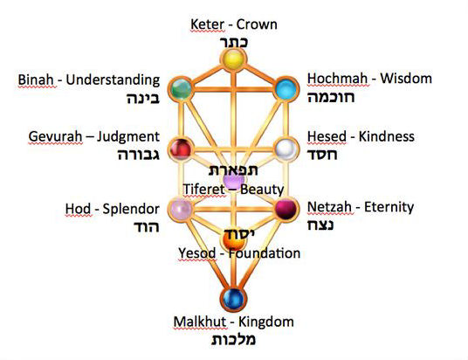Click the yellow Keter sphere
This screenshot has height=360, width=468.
[x=233, y=59]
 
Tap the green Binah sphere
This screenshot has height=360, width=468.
[x=181, y=89]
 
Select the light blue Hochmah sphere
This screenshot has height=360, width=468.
[x=286, y=89]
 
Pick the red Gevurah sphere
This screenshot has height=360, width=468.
[x=181, y=149]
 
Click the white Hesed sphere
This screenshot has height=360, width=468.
[x=286, y=149]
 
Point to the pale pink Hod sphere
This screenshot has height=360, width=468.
[x=181, y=209]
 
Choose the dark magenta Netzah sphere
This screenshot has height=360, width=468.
[x=286, y=209]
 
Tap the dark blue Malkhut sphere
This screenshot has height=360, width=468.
[x=233, y=299]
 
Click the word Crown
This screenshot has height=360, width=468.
[x=257, y=24]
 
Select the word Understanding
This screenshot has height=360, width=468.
[x=113, y=80]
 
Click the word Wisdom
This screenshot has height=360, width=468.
[x=406, y=79]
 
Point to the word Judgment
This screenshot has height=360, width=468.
[x=127, y=137]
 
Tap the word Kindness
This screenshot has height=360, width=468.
[x=386, y=136]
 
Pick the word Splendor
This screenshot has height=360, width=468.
[x=131, y=210]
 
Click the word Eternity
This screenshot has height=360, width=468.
[x=389, y=207]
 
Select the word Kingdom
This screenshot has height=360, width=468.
[x=266, y=322]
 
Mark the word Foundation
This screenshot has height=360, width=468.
[x=265, y=253]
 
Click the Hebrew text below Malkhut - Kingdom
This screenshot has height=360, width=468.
[x=233, y=340]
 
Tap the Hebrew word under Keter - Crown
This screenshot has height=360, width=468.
[x=234, y=43]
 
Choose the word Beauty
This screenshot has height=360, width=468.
[x=262, y=190]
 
